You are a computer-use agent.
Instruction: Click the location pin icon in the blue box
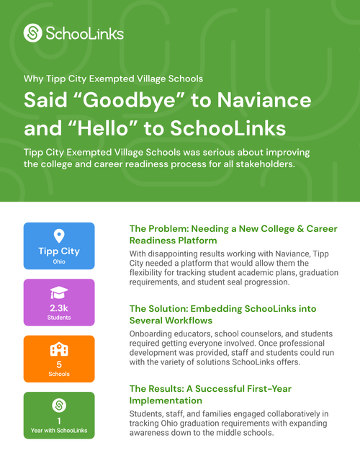coord(59,236)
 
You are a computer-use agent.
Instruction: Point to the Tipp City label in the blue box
coord(59,251)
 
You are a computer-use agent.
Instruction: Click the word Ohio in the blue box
coord(59,262)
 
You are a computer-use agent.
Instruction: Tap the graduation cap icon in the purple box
coord(59,292)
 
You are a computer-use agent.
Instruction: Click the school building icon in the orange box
coord(59,349)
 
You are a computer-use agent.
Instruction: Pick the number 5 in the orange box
coord(59,364)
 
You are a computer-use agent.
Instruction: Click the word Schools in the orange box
coord(59,375)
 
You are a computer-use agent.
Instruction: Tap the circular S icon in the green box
coord(59,405)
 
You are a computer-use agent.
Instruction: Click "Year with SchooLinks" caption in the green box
coord(59,431)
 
